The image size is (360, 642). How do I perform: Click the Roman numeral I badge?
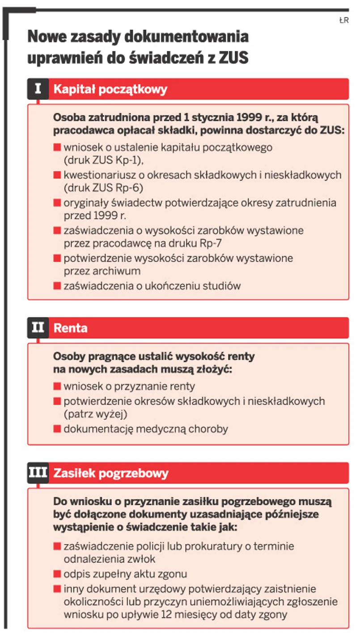(x=38, y=89)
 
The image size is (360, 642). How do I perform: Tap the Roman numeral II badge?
(x=38, y=328)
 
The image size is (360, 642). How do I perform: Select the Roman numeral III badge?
(x=38, y=473)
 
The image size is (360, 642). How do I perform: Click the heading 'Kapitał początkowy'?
(x=110, y=89)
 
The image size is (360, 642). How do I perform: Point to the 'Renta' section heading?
(x=70, y=328)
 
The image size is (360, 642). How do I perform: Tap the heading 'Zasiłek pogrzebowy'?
(x=111, y=473)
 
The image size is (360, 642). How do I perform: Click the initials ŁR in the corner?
(x=343, y=20)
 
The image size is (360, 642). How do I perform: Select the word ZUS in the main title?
(x=233, y=58)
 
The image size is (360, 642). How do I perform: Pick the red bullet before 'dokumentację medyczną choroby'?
(x=57, y=429)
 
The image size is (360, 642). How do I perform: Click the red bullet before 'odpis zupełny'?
(x=57, y=574)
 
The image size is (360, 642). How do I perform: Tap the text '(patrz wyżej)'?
(x=96, y=414)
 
